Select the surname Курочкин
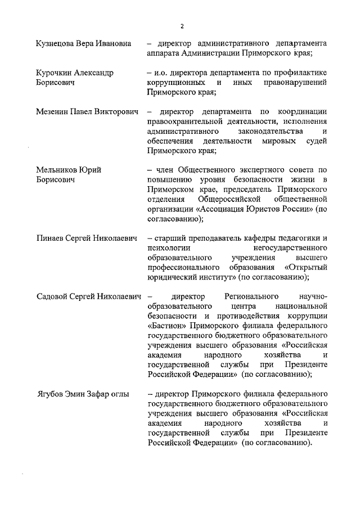tap(55, 74)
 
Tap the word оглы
tap(118, 394)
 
